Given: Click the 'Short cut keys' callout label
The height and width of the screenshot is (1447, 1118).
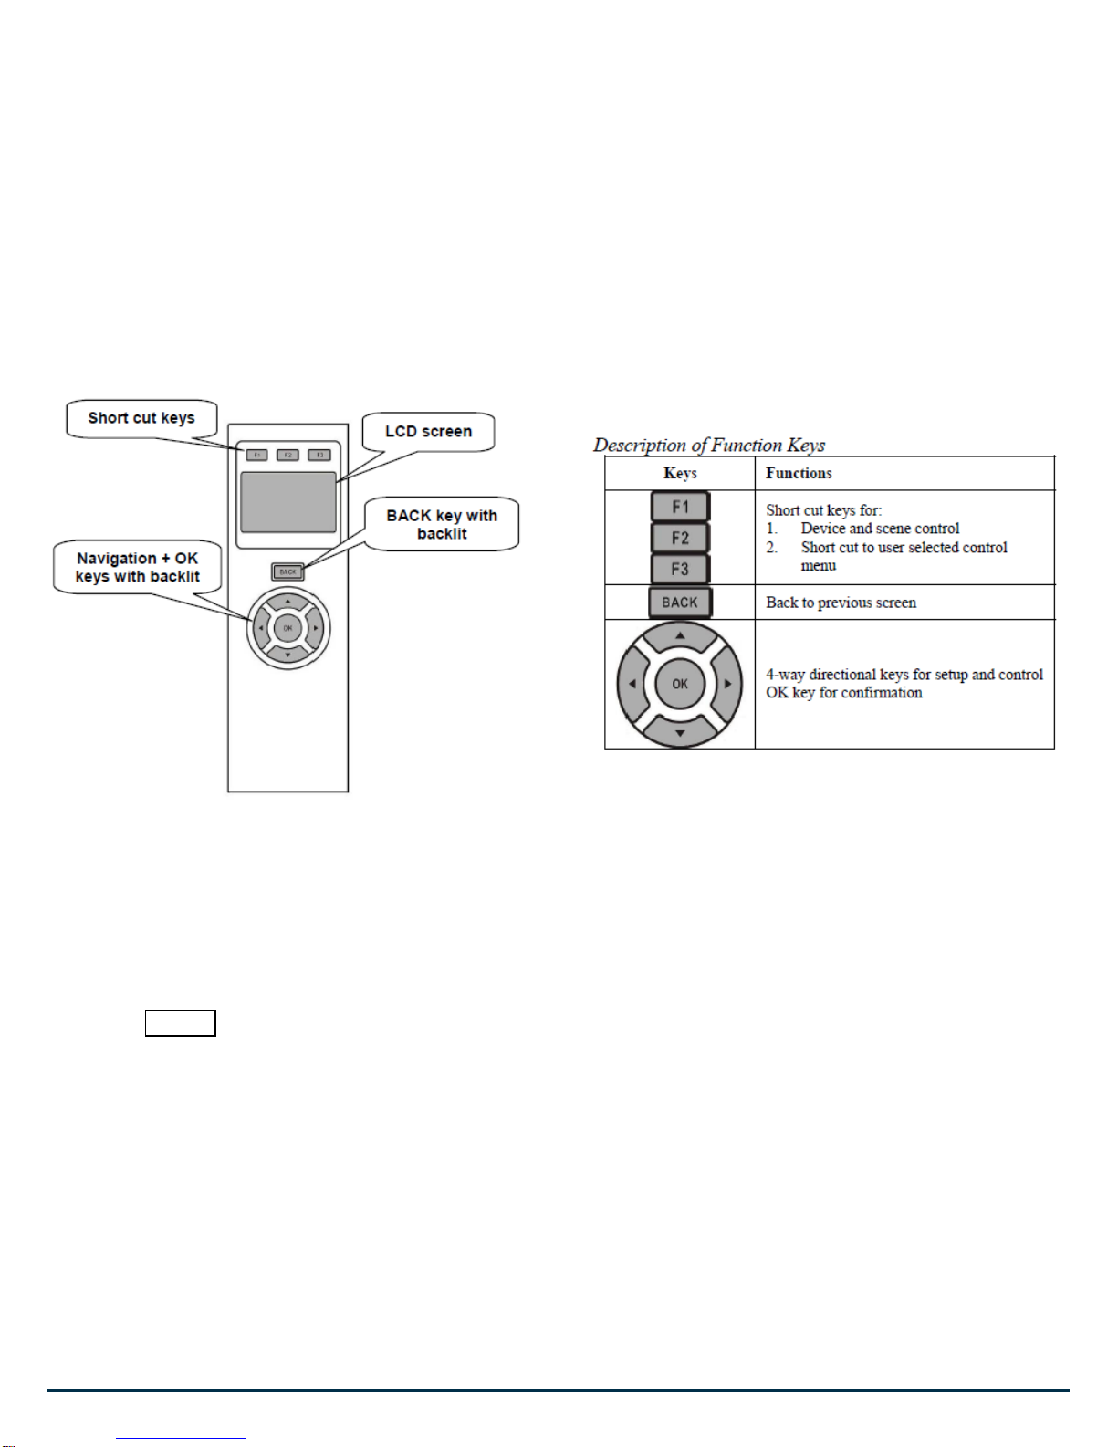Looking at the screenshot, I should click(141, 418).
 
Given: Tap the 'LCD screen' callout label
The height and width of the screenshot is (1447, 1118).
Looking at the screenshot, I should click(428, 431).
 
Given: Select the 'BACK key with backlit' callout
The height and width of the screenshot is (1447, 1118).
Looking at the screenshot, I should click(442, 524).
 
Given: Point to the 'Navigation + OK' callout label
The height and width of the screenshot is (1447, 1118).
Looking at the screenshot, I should click(138, 567).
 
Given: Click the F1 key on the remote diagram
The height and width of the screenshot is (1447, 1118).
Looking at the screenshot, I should click(256, 455).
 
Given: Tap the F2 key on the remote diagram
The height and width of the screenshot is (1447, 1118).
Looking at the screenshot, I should click(287, 455).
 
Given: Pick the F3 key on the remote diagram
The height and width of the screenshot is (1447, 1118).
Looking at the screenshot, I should click(319, 455).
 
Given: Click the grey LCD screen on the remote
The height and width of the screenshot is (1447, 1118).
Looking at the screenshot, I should click(287, 502).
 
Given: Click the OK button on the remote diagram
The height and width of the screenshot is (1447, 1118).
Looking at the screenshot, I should click(287, 628).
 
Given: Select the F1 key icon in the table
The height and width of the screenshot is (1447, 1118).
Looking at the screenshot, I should click(680, 507).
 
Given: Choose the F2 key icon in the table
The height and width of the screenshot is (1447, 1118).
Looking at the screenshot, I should click(680, 538).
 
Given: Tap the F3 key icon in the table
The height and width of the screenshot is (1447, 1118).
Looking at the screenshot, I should click(680, 569).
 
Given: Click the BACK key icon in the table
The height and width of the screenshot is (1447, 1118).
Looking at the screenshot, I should click(680, 603).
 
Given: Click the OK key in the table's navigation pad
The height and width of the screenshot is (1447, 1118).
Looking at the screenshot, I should click(680, 684).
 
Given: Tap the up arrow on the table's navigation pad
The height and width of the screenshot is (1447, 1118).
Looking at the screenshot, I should click(680, 635).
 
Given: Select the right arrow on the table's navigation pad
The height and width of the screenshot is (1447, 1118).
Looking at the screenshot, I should click(727, 684).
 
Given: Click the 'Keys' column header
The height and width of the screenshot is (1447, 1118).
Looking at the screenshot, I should click(680, 473).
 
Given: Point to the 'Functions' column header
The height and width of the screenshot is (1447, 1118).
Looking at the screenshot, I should click(799, 473).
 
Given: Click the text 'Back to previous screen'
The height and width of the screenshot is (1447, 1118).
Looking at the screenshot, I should click(841, 603).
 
